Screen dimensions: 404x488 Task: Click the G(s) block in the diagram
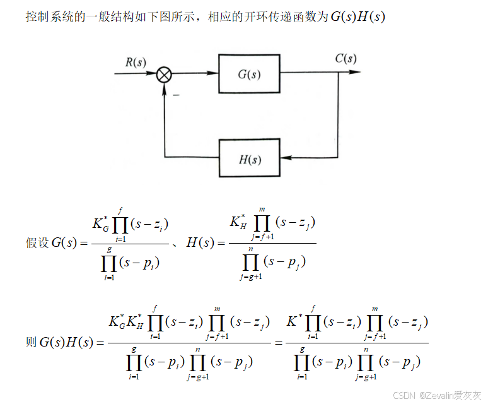pos(249,73)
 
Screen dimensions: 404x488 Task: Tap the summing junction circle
pos(164,74)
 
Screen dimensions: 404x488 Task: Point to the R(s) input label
pos(136,62)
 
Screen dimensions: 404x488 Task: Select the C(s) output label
pos(346,59)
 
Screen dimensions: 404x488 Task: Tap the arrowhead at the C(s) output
pos(356,73)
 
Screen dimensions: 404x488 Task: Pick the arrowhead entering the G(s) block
pos(214,73)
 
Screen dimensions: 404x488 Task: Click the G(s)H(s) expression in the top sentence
pos(357,16)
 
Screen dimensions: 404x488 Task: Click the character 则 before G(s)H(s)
pos(31,343)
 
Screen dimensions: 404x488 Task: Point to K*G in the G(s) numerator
pos(102,224)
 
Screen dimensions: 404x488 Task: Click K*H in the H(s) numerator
pos(238,222)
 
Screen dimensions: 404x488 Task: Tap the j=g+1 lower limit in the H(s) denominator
pos(251,276)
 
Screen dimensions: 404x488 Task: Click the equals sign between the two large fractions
pos(277,343)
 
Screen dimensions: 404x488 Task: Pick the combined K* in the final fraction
pos(294,321)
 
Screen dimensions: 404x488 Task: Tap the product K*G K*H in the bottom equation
pos(126,321)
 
